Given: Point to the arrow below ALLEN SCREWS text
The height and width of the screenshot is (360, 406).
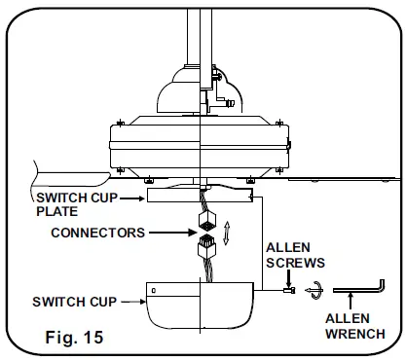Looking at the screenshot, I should (x=288, y=277).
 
